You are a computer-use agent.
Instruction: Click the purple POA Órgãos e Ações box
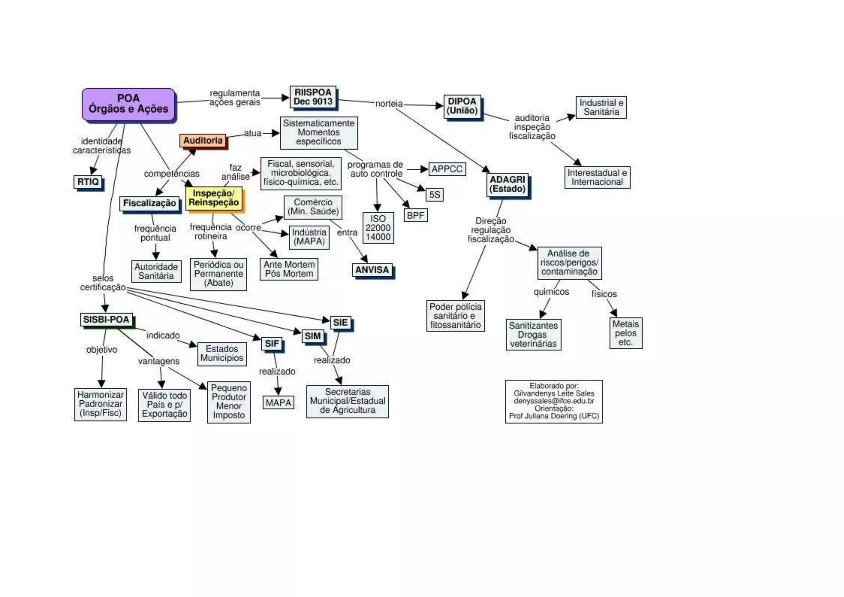click(129, 104)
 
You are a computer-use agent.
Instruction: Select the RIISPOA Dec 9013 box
click(313, 97)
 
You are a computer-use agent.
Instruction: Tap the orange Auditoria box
click(203, 141)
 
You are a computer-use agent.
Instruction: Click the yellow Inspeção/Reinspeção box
click(213, 198)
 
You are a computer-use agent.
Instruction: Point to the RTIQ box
click(88, 182)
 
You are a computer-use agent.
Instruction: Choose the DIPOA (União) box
click(462, 106)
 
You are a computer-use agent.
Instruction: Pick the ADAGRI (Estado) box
click(507, 185)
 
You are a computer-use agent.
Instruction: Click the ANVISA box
click(372, 270)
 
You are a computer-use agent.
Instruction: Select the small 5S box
click(435, 195)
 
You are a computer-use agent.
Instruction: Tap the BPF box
click(415, 215)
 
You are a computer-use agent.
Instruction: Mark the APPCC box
click(447, 169)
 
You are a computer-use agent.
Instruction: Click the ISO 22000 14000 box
click(378, 228)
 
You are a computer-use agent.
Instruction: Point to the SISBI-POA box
click(106, 320)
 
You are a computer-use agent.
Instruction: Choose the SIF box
click(272, 343)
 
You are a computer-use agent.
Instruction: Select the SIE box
click(340, 322)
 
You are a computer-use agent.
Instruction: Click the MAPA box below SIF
click(279, 403)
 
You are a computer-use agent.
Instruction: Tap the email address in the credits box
click(554, 401)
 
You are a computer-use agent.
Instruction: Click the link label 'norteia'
click(389, 104)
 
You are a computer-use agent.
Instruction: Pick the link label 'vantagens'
click(159, 361)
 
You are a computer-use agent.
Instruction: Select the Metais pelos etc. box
click(626, 333)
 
